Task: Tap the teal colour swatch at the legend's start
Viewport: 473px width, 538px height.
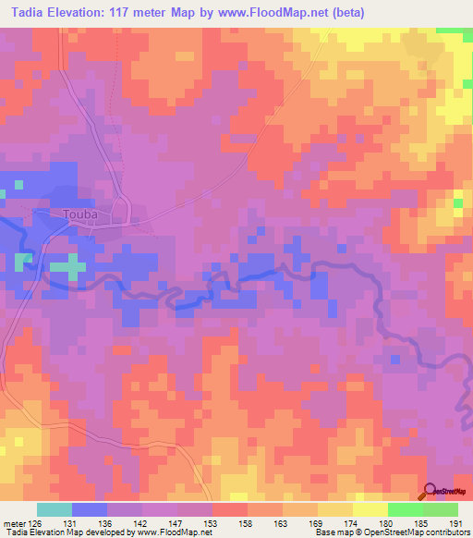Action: pyautogui.click(x=55, y=509)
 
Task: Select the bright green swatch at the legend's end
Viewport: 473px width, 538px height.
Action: pyautogui.click(x=440, y=509)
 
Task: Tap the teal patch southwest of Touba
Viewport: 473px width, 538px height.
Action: pyautogui.click(x=66, y=267)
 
